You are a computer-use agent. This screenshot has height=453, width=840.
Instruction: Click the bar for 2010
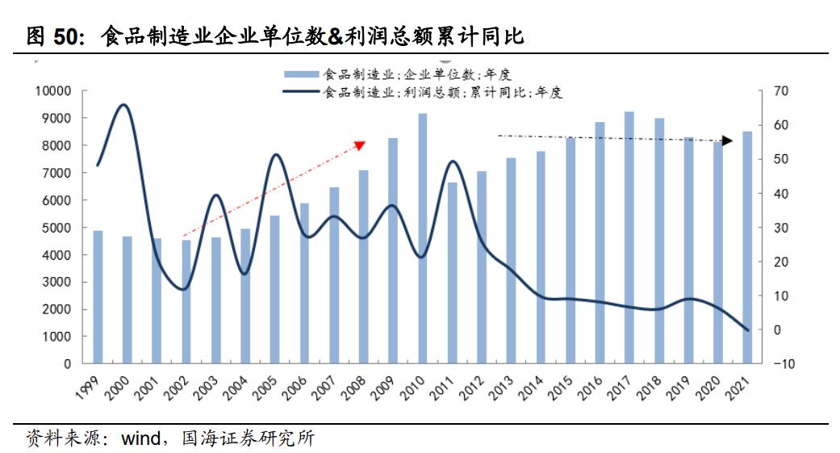(x=423, y=238)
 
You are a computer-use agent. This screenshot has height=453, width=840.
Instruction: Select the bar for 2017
(x=629, y=237)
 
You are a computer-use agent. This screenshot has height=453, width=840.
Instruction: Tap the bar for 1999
(x=98, y=296)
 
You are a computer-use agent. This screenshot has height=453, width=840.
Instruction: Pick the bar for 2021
(x=747, y=247)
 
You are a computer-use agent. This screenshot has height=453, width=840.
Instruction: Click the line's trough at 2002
(x=184, y=289)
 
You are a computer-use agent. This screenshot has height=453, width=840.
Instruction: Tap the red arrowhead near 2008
(x=361, y=145)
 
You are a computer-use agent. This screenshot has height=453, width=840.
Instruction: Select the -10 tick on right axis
(x=783, y=363)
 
